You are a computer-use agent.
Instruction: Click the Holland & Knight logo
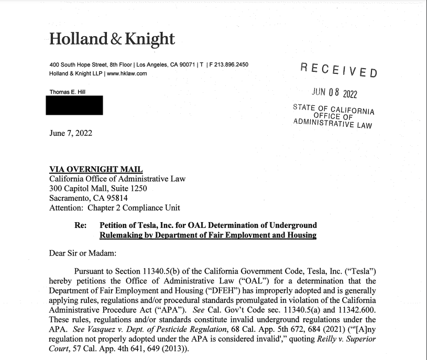[112, 38]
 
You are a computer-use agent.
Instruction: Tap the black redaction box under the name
[75, 105]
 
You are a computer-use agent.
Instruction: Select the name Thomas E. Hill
[67, 92]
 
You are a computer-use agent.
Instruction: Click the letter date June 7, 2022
[70, 133]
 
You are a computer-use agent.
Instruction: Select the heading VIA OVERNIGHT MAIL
[95, 169]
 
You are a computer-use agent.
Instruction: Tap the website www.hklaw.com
[126, 73]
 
